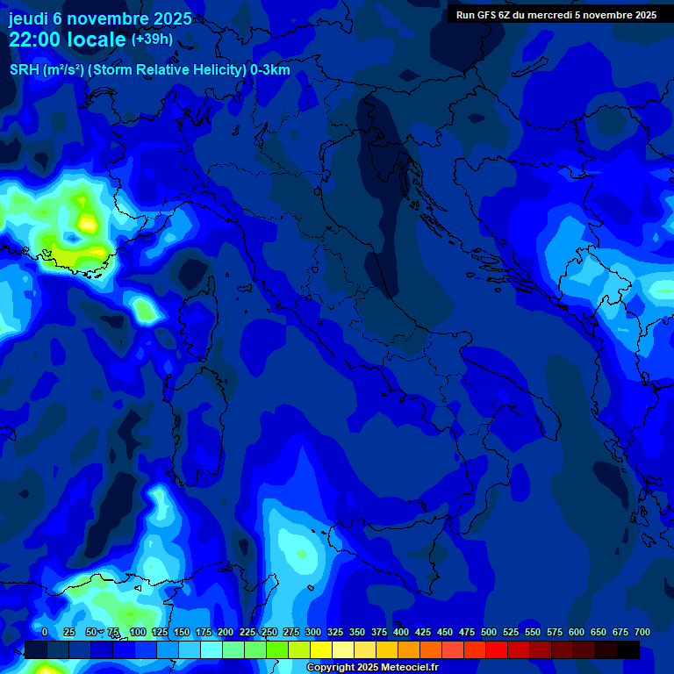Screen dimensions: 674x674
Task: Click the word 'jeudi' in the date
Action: click(29, 18)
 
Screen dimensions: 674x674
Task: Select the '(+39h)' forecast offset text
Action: click(153, 39)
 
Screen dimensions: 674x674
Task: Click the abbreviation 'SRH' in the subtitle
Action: click(25, 70)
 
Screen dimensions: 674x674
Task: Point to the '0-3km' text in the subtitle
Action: click(270, 70)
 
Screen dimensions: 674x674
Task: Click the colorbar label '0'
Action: click(45, 632)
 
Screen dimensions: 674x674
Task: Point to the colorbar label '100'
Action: click(138, 632)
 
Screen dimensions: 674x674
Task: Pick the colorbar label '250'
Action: click(269, 632)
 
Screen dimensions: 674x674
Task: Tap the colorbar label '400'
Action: click(401, 632)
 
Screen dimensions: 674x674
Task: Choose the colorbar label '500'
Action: click(489, 632)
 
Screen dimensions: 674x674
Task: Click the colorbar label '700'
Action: click(642, 632)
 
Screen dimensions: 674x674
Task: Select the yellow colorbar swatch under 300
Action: click(321, 650)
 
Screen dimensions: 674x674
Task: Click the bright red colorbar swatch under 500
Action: click(497, 650)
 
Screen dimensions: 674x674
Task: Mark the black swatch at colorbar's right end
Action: click(628, 650)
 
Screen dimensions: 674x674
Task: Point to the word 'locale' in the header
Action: click(97, 39)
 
